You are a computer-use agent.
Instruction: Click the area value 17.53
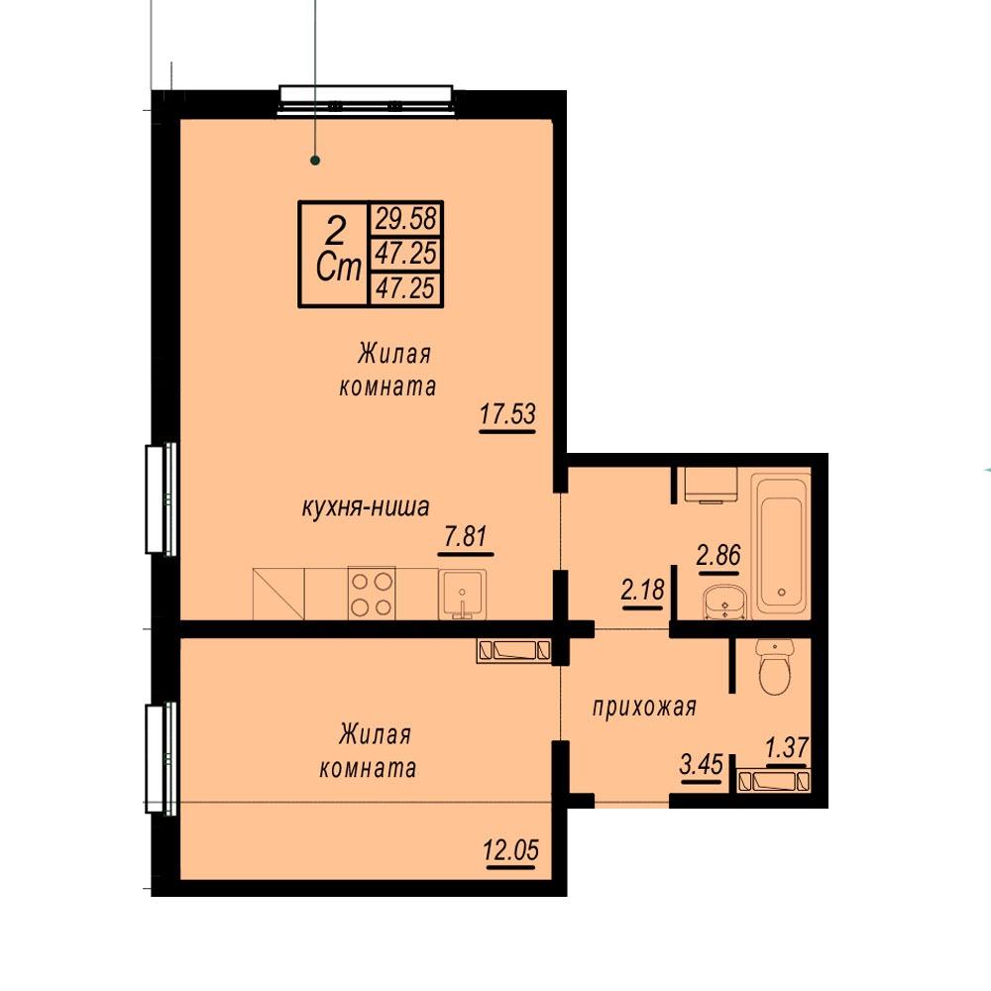click(x=507, y=414)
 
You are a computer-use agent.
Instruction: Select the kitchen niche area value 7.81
click(x=466, y=536)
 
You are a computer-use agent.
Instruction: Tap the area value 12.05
click(x=510, y=850)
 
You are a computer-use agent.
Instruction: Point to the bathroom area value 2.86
click(x=718, y=555)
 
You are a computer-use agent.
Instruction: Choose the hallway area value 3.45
click(x=701, y=764)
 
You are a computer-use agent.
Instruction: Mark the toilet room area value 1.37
click(x=787, y=747)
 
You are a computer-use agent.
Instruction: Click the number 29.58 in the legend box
click(x=405, y=219)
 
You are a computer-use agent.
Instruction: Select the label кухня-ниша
click(x=366, y=506)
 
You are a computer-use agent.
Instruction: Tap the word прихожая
click(x=644, y=707)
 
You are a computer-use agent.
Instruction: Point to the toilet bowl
click(x=775, y=667)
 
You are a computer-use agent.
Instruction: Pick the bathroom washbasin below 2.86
click(x=725, y=602)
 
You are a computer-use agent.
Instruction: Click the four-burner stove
click(x=372, y=593)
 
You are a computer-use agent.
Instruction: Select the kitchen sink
click(x=463, y=594)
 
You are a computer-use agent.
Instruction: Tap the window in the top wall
click(x=366, y=100)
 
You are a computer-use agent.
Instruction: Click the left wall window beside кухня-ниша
click(x=162, y=499)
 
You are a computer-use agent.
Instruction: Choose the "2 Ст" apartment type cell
click(x=334, y=254)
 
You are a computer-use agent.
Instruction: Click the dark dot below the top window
click(x=315, y=161)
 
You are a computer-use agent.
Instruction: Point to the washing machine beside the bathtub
click(x=712, y=485)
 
